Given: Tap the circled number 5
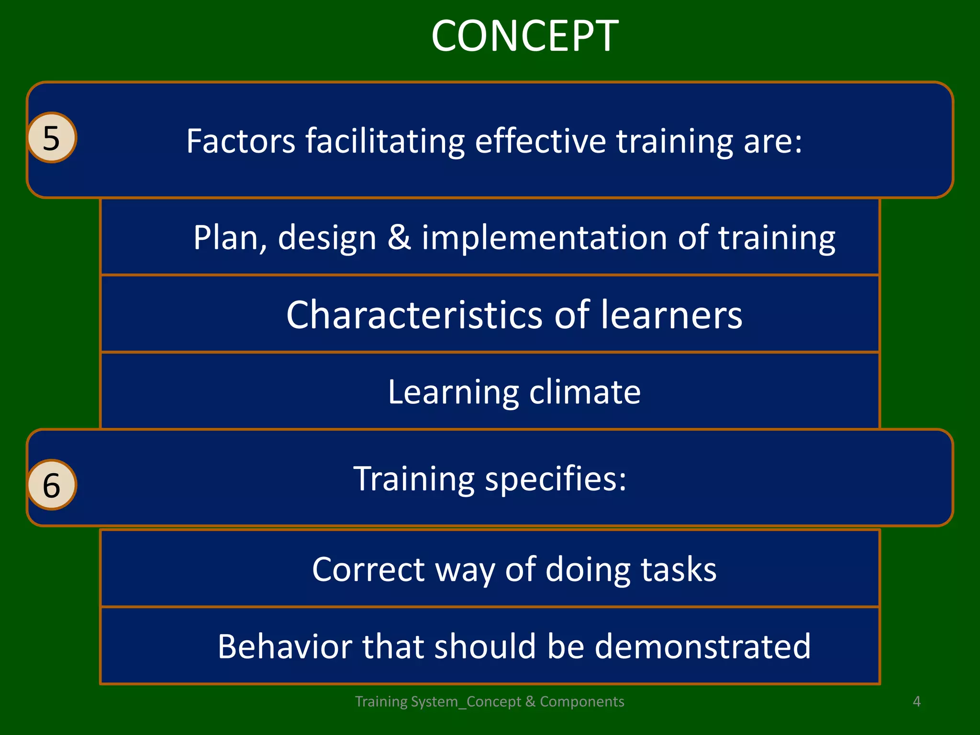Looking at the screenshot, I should click(x=52, y=138).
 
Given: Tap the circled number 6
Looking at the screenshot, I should click(x=52, y=485).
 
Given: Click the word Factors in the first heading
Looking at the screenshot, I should click(x=241, y=141).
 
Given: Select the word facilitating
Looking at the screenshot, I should click(x=385, y=142).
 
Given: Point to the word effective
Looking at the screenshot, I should click(x=540, y=141).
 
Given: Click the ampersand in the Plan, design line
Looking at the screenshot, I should click(x=399, y=237).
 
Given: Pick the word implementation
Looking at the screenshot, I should click(x=544, y=238).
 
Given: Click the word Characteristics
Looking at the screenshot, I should click(x=414, y=315).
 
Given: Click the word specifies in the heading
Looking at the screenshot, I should click(x=555, y=479).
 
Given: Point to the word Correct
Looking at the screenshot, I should click(x=368, y=569).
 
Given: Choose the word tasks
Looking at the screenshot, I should click(x=679, y=569).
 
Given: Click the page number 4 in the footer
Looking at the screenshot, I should click(x=916, y=702).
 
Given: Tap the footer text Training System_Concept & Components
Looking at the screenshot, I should click(x=490, y=702).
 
